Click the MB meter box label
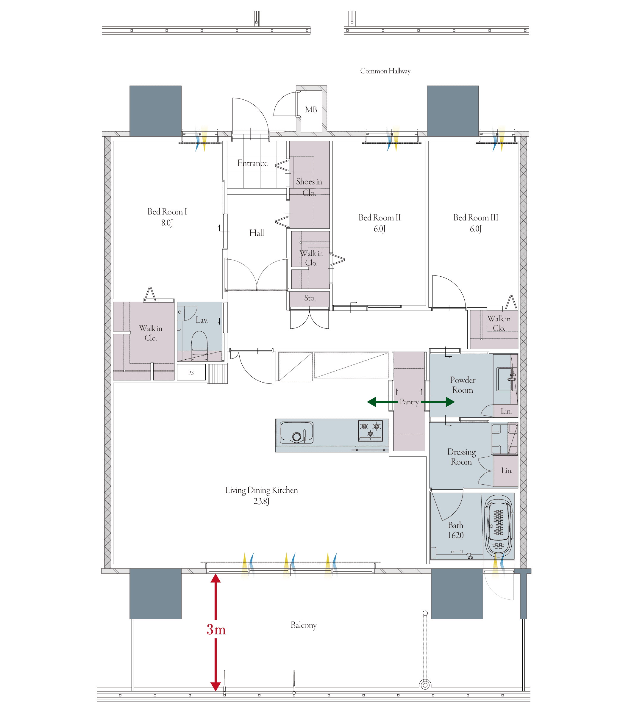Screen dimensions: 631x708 311,110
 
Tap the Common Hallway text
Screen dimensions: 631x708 385,71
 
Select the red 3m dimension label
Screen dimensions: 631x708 216,630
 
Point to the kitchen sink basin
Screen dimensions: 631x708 297,433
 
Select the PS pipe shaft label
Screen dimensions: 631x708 191,373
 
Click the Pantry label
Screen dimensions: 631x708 409,402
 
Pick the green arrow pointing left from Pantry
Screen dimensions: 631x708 382,402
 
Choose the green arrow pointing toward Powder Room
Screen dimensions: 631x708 438,402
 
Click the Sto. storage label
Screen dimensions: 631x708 310,298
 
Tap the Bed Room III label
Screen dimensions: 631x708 476,218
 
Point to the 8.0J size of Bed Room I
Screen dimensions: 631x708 167,223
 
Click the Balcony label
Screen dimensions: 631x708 304,625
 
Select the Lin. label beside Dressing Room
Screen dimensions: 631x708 507,471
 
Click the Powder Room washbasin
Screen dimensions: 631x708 505,379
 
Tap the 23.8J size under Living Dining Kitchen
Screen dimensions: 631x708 262,501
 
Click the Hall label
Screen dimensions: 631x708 257,233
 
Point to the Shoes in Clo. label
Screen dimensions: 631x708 309,187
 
